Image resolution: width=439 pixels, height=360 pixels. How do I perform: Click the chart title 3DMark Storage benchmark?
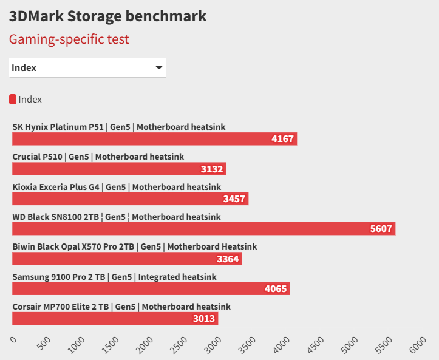(x=107, y=16)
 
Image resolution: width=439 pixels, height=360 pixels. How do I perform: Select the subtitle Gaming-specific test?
(x=69, y=39)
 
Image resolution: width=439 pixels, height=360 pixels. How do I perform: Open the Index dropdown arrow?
(x=159, y=67)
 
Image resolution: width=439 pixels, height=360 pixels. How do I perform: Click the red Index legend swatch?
(x=13, y=100)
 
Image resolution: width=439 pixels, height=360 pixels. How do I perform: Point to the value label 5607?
(x=382, y=229)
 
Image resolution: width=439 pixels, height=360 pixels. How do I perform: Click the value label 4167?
(x=283, y=139)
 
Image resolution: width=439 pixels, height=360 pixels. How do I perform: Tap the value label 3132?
(x=213, y=169)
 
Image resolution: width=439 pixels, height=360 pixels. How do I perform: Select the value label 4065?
(x=276, y=288)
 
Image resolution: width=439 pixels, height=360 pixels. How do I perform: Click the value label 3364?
(x=228, y=259)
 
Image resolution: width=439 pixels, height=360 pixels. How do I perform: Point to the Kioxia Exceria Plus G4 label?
(x=117, y=187)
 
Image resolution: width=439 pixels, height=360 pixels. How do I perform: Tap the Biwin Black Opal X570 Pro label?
(x=134, y=246)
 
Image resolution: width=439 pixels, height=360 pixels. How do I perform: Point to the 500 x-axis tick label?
(x=44, y=344)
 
